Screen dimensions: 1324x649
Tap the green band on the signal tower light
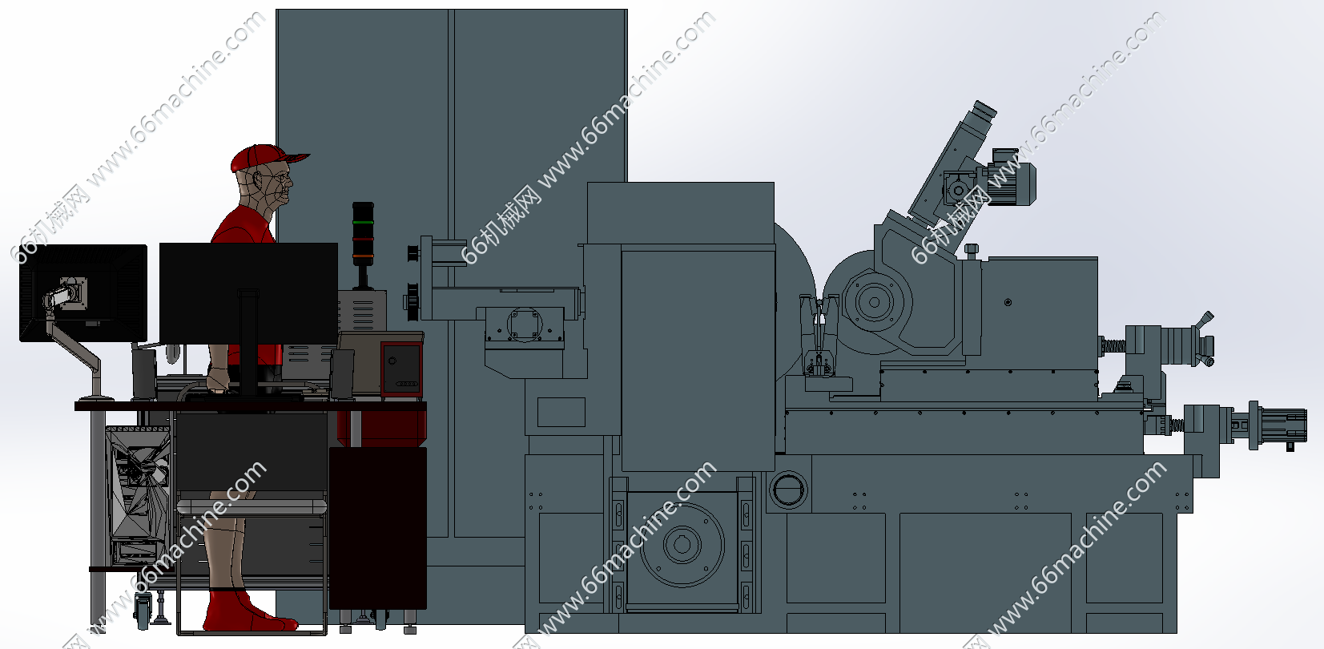pyautogui.click(x=363, y=222)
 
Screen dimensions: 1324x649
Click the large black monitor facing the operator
pyautogui.click(x=248, y=292)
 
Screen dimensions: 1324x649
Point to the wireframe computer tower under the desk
pyautogui.click(x=139, y=497)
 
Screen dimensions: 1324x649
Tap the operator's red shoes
pyautogui.click(x=248, y=612)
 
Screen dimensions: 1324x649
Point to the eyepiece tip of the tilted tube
pyautogui.click(x=984, y=109)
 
